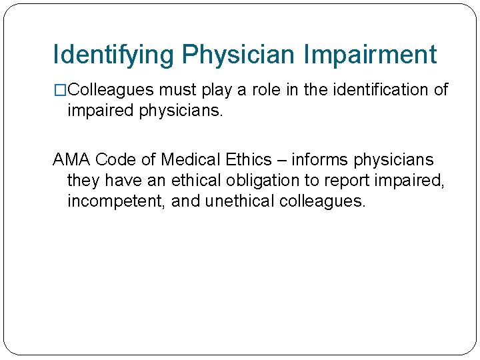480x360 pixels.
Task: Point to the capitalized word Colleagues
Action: point(111,89)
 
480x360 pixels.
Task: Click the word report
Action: point(347,181)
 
